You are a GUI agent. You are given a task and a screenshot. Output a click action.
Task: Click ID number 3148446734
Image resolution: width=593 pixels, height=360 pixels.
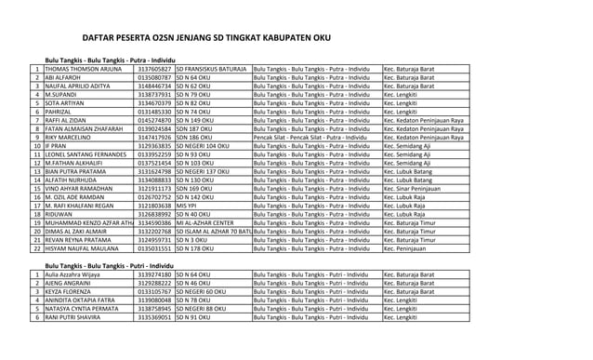click(x=154, y=86)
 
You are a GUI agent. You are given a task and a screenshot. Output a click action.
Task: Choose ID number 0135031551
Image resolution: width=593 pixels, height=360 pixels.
click(x=154, y=248)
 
